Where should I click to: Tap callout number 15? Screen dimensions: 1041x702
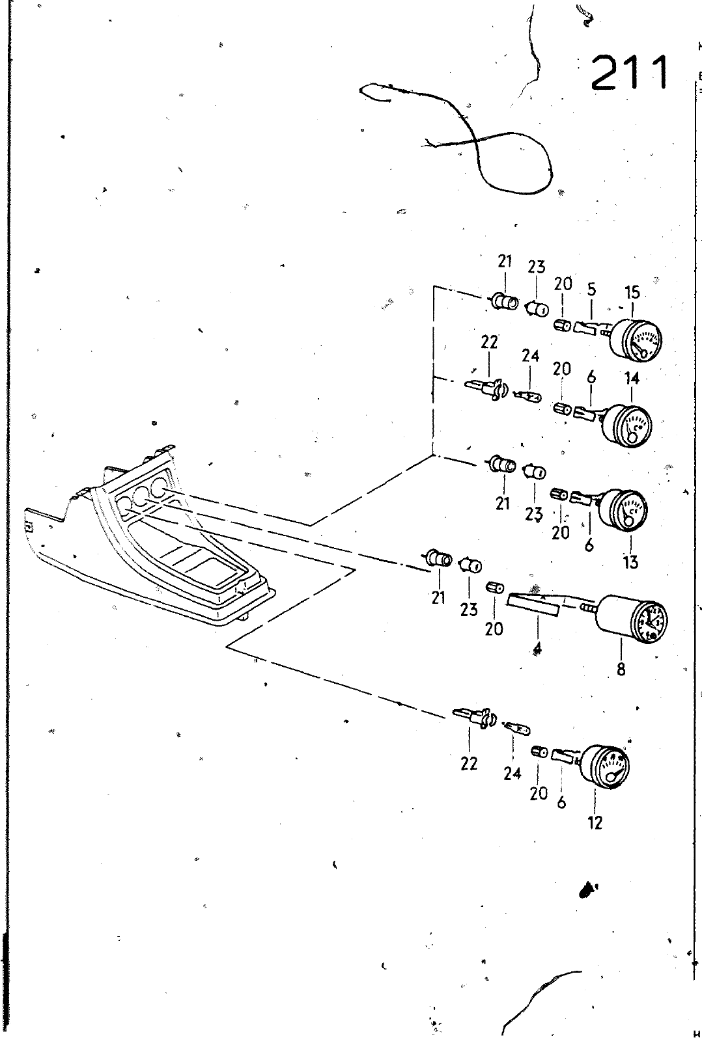tap(632, 293)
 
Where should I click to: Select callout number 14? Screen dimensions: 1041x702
tap(632, 379)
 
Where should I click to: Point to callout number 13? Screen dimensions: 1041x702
tap(630, 561)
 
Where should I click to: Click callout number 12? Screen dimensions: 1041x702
tap(595, 822)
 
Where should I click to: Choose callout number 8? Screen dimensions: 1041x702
tap(621, 669)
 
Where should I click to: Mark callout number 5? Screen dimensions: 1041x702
tap(591, 290)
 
